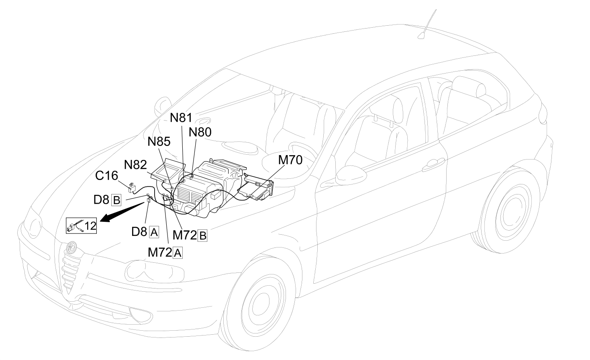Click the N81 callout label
click(x=181, y=118)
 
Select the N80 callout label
click(x=200, y=132)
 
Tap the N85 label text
click(x=159, y=141)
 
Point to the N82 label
click(x=135, y=165)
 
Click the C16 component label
click(x=106, y=176)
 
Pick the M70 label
click(x=290, y=160)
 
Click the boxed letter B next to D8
click(x=116, y=200)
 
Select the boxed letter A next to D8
click(x=154, y=233)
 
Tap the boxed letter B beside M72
click(x=202, y=235)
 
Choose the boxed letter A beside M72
click(x=178, y=253)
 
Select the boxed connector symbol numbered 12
click(x=82, y=225)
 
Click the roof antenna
click(x=427, y=25)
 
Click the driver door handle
click(x=433, y=165)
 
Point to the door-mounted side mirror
click(x=351, y=175)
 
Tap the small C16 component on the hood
click(x=132, y=187)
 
